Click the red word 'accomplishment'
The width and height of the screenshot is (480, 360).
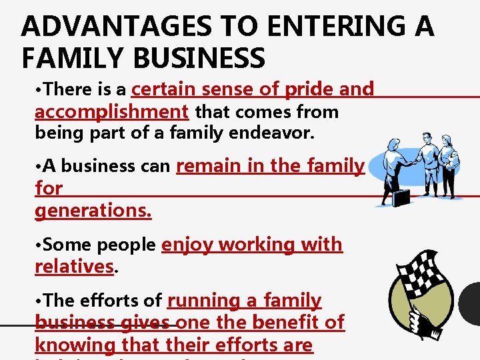[111, 111]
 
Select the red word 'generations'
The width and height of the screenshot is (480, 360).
[93, 211]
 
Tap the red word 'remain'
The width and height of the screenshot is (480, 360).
[209, 165]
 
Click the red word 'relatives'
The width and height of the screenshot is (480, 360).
[74, 267]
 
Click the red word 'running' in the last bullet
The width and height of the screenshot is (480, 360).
[203, 301]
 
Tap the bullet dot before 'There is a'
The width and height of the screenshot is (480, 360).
[38, 90]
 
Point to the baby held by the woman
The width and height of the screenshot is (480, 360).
[454, 160]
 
